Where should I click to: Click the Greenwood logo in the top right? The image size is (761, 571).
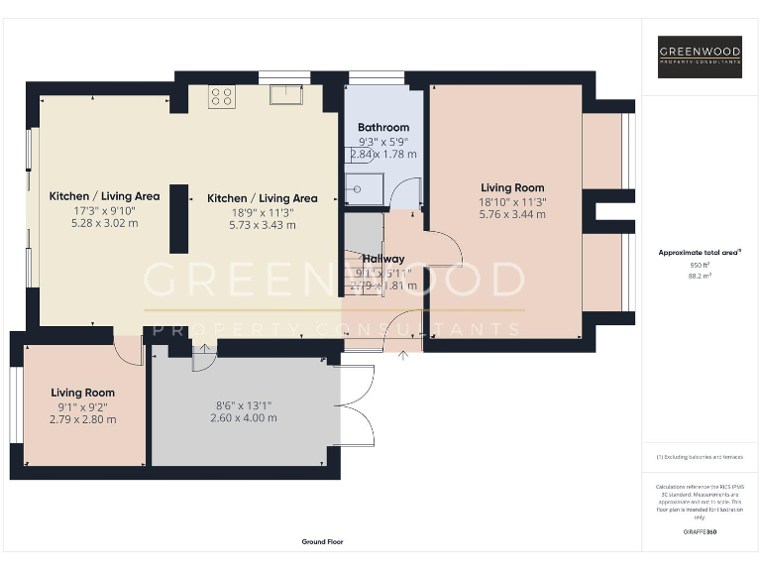click(x=700, y=57)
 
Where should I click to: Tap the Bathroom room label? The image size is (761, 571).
click(x=382, y=127)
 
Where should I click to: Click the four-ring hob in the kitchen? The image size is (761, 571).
click(x=222, y=97)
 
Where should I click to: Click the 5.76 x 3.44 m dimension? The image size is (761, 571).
click(x=512, y=214)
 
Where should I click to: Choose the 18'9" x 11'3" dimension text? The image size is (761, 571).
click(x=262, y=211)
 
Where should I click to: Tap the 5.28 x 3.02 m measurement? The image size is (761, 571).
click(x=104, y=223)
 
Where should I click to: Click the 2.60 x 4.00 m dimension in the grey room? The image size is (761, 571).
click(x=243, y=417)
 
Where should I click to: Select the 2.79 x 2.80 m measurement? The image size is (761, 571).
click(x=83, y=419)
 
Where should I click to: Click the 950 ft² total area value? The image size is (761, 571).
click(x=701, y=265)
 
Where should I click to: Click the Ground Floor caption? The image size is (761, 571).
click(x=322, y=542)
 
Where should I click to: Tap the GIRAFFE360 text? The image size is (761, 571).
click(x=700, y=532)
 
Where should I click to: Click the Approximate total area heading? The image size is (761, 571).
click(x=700, y=253)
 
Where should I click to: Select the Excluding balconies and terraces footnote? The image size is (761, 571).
click(x=700, y=457)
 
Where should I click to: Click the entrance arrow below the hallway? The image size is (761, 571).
click(x=402, y=355)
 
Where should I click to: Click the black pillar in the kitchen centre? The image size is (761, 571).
click(x=179, y=219)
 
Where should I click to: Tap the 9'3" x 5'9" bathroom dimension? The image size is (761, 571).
click(x=382, y=141)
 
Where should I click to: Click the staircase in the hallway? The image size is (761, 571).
click(x=363, y=258)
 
